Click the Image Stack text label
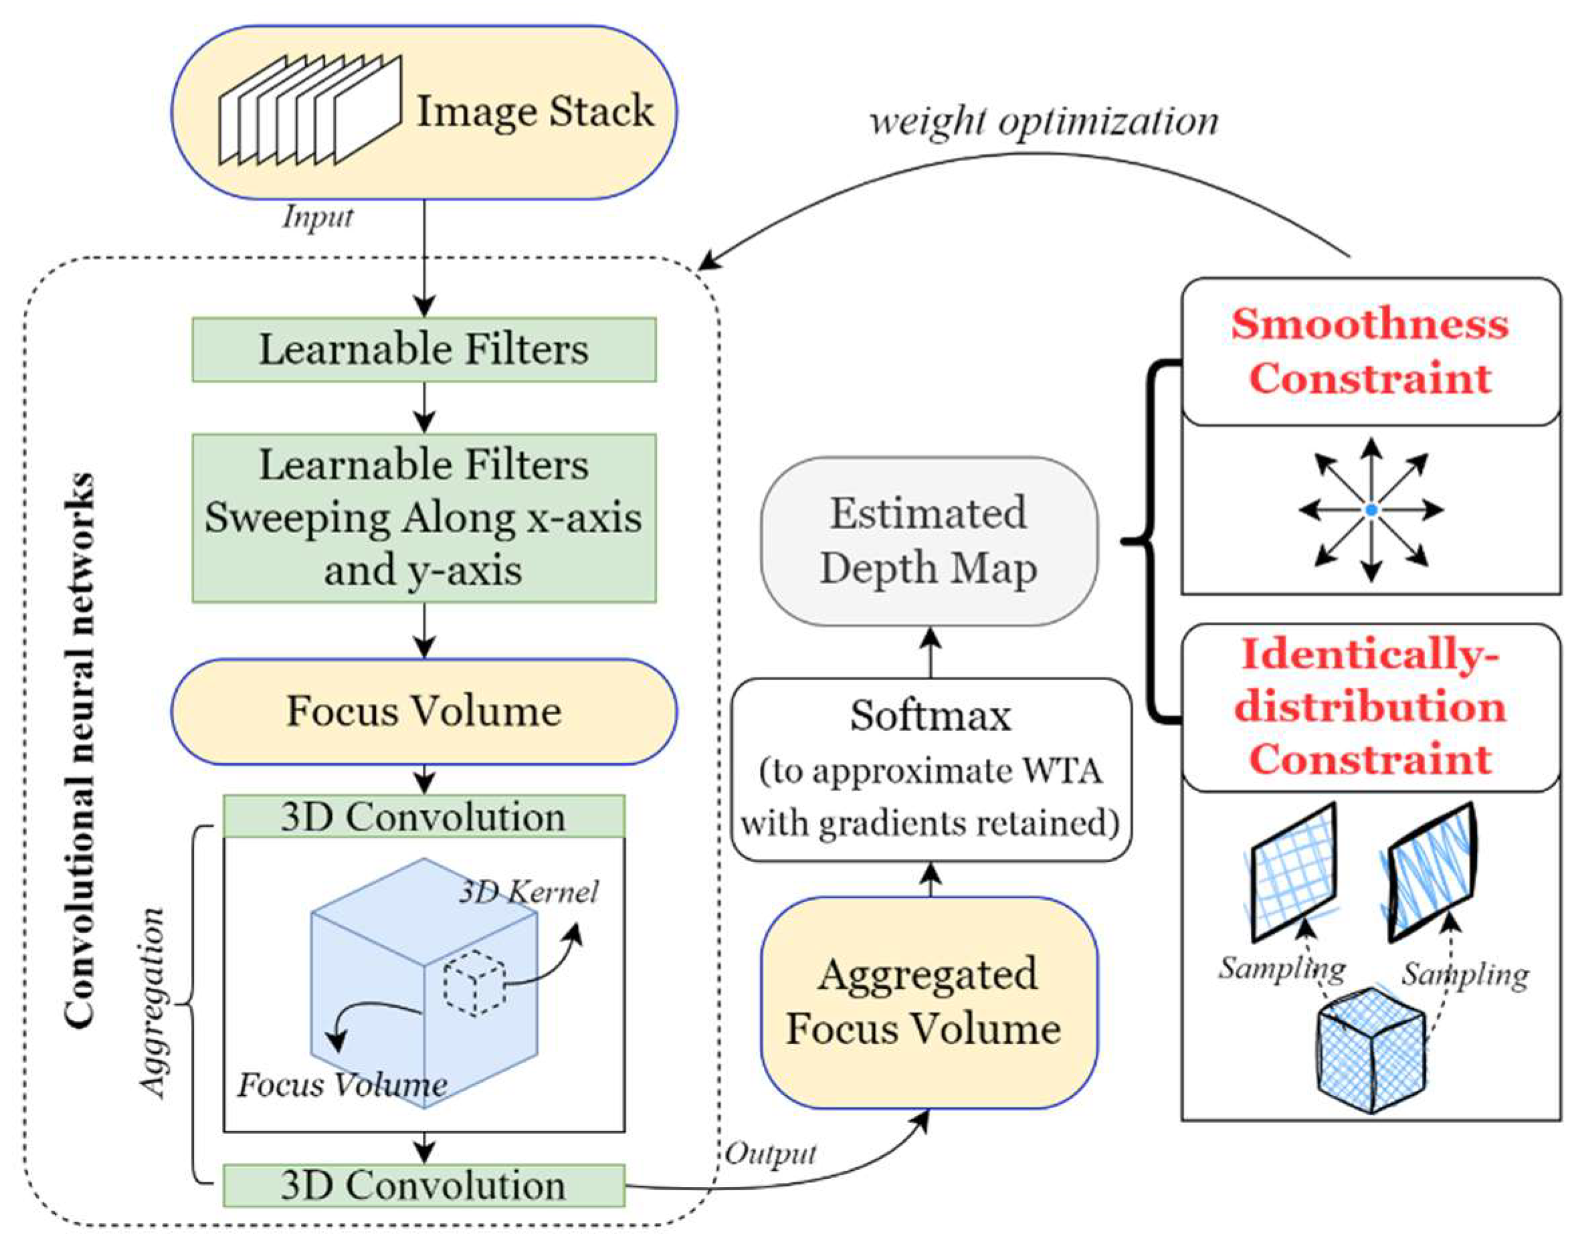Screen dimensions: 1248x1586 pos(534,111)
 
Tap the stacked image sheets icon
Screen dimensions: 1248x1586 pos(310,111)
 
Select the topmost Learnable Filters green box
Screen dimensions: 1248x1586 pos(424,349)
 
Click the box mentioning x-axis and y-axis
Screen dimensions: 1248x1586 pos(424,517)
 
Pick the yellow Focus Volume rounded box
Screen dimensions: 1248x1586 pos(424,711)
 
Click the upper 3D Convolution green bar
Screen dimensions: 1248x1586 pos(424,816)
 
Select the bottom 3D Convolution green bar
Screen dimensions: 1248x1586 pos(424,1185)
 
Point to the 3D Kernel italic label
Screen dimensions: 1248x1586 pos(528,892)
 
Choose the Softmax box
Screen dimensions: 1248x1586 pos(931,769)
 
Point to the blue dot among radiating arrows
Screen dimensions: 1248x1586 pos(1371,510)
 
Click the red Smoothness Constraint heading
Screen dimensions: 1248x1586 pos(1370,350)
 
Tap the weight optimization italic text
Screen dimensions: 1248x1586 pos(1044,120)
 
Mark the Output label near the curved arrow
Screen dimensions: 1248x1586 pos(770,1154)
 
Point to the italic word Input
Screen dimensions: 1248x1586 pos(318,217)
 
